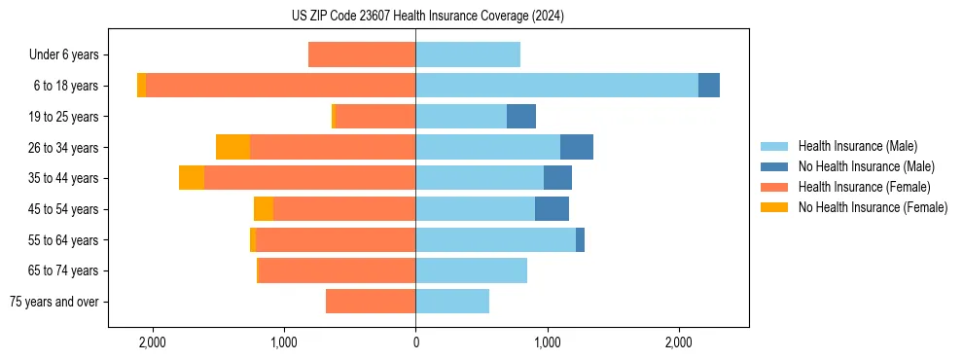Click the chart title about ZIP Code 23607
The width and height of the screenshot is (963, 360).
(x=427, y=16)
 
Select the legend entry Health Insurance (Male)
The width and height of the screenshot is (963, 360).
(x=857, y=146)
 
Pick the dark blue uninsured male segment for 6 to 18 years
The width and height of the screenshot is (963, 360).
(x=709, y=86)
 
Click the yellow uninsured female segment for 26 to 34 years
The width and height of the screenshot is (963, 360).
(x=232, y=147)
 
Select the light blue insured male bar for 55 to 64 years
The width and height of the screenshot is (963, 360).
(x=495, y=239)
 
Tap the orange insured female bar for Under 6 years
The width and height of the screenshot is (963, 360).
(x=362, y=54)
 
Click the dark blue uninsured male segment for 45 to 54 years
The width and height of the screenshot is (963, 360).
(x=552, y=208)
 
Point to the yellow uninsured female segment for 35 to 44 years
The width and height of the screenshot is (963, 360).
(x=192, y=178)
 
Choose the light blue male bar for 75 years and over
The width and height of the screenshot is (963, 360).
(x=452, y=302)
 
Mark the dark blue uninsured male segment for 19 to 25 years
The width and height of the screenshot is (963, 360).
(x=521, y=117)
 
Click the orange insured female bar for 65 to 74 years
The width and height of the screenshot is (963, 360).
(x=338, y=270)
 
